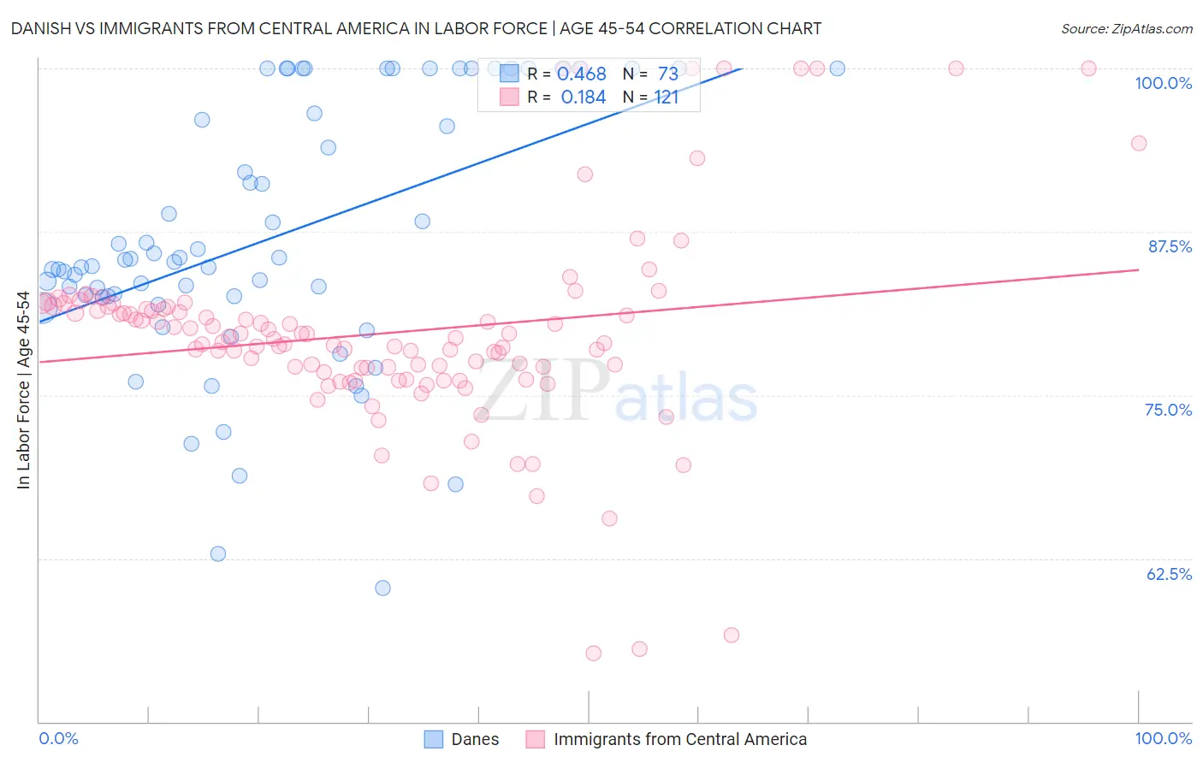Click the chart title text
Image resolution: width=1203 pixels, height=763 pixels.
[x=416, y=28]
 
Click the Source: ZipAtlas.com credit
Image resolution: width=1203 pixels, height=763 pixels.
[x=1126, y=28]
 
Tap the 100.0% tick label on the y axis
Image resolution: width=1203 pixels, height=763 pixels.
[x=1163, y=83]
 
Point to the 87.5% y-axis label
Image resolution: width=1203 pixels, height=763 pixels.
[x=1170, y=246]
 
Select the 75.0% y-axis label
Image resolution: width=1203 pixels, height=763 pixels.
[x=1168, y=410]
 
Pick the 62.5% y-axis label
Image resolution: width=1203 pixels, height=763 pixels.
[x=1169, y=574]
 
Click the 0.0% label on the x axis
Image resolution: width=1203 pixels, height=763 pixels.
[x=58, y=738]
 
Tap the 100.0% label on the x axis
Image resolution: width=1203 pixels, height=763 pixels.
[x=1163, y=738]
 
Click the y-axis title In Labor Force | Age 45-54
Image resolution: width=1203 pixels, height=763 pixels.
[x=23, y=390]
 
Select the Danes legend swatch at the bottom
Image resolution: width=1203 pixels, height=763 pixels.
[x=434, y=739]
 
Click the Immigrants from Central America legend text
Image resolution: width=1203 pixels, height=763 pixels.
[x=680, y=739]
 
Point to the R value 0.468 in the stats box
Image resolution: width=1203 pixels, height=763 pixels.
[x=582, y=74]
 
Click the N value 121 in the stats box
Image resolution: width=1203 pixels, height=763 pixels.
[x=667, y=98]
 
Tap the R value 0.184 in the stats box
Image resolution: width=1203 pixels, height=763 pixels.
[x=583, y=98]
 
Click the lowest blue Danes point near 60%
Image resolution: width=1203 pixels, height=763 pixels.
[x=382, y=588]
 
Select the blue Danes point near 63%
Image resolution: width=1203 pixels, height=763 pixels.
[x=218, y=553]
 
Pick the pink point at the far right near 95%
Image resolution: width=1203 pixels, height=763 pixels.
[x=1138, y=143]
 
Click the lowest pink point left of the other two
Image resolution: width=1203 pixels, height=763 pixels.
[x=593, y=654]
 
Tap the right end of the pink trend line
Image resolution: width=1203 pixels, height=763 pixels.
[x=1138, y=269]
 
